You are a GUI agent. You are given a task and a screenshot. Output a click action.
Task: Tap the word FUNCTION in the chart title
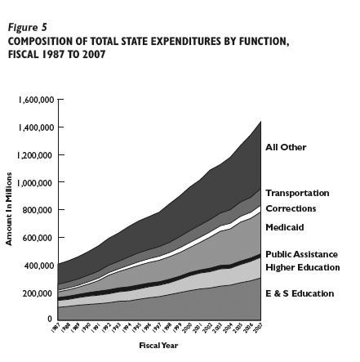[x=260, y=41]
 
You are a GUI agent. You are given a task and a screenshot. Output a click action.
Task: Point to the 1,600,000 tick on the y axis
[x=36, y=100]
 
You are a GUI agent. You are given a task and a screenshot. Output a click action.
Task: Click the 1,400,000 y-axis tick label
[x=36, y=127]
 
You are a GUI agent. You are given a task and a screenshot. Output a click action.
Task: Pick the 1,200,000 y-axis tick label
[x=36, y=155]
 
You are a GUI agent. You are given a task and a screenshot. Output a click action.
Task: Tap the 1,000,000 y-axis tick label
[x=36, y=183]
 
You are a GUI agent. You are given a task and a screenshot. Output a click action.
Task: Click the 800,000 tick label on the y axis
[x=38, y=210]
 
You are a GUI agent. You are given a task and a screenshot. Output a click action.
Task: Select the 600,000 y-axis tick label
[x=38, y=238]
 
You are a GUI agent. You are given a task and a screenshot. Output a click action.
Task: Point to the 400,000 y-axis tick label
[x=38, y=266]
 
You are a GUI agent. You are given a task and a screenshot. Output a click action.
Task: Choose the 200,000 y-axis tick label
[x=38, y=293]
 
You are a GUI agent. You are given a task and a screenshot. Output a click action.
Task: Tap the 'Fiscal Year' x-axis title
[x=158, y=345]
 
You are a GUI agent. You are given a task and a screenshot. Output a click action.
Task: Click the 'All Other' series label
[x=286, y=147]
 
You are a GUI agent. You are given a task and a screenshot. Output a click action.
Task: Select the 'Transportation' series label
[x=297, y=193]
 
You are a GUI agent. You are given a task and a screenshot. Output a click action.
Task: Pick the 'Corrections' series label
[x=291, y=208]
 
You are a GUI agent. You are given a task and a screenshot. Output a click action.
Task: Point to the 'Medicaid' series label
[x=285, y=227]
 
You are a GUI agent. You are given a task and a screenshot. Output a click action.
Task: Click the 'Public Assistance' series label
[x=301, y=254]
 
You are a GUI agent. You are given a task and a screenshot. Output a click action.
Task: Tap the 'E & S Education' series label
[x=300, y=293]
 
